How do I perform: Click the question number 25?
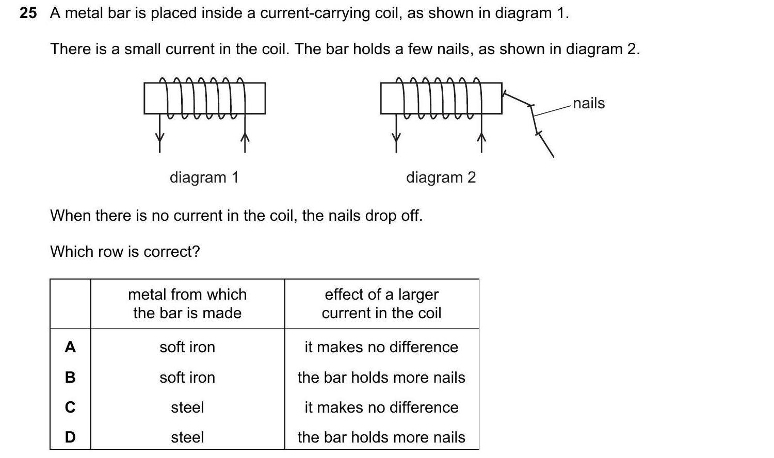point(28,13)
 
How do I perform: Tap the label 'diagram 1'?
point(204,177)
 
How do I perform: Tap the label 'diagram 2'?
point(441,177)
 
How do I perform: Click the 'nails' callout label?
point(588,103)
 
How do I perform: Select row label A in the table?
point(70,347)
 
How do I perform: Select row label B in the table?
point(70,378)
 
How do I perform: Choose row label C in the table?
point(70,407)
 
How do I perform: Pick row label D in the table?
point(70,437)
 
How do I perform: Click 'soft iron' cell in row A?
point(187,347)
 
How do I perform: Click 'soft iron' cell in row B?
point(187,378)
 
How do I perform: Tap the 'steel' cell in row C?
point(187,407)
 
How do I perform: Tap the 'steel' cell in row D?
point(187,437)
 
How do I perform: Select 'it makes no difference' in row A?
point(381,347)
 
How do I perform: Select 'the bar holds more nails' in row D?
point(381,437)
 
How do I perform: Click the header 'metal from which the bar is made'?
point(187,304)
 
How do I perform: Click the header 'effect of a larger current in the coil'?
point(381,304)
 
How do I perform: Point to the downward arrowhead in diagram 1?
point(159,138)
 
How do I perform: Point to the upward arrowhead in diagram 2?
point(481,137)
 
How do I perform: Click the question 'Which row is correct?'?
point(125,252)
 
